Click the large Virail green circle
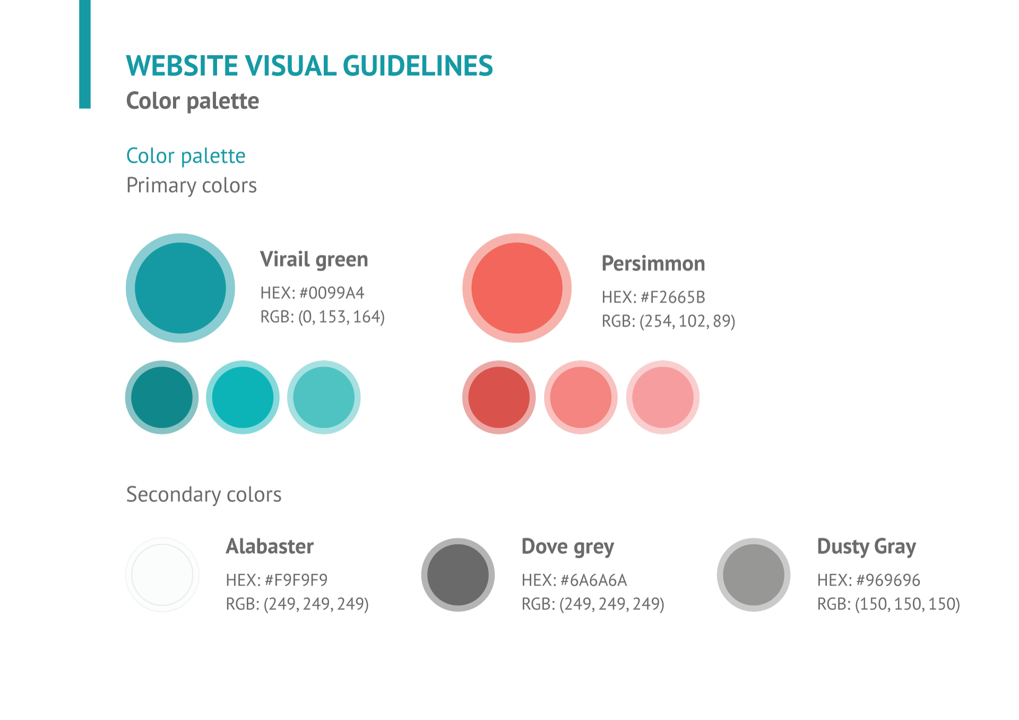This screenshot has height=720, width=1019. click(x=180, y=288)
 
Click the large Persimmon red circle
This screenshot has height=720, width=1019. click(x=516, y=288)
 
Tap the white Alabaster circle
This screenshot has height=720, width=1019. click(x=162, y=575)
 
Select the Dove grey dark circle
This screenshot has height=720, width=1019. click(x=457, y=575)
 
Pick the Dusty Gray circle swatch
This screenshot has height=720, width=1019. click(x=753, y=575)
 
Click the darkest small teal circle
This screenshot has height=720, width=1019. click(x=162, y=397)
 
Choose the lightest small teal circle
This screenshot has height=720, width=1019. click(x=324, y=397)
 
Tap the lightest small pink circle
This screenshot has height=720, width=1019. click(x=662, y=397)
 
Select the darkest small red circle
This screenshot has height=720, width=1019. click(x=499, y=397)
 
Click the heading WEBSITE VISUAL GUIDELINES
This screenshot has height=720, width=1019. click(x=309, y=66)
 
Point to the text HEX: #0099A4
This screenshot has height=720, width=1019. click(x=312, y=293)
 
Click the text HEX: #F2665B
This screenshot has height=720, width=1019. click(x=653, y=297)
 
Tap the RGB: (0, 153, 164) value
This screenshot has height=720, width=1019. click(x=322, y=317)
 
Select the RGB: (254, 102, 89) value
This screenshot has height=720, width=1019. click(x=668, y=321)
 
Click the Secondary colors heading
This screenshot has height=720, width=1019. click(x=204, y=495)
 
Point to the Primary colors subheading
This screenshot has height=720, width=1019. click(x=191, y=186)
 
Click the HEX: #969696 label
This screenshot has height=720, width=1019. click(x=868, y=580)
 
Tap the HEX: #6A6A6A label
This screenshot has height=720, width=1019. click(x=574, y=580)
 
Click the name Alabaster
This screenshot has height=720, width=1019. click(x=270, y=546)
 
